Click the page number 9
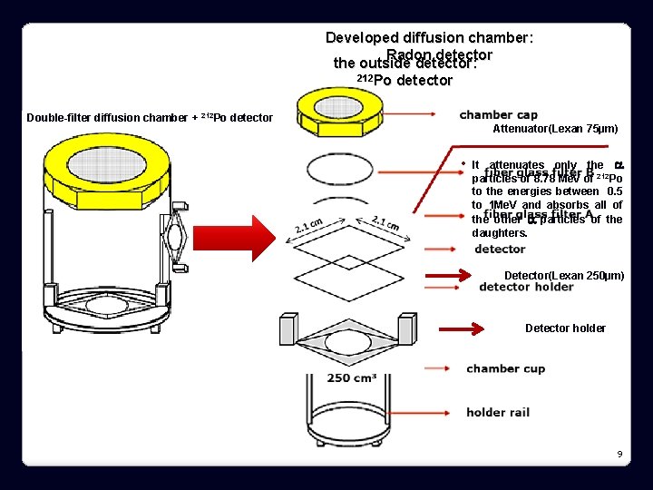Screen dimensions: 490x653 click(x=619, y=453)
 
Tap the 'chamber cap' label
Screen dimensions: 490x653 click(x=498, y=114)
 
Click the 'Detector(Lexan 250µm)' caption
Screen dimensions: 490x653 click(x=563, y=275)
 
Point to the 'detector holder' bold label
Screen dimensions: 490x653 click(x=526, y=288)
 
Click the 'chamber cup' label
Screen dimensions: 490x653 click(x=505, y=368)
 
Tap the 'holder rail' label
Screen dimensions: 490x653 click(x=498, y=412)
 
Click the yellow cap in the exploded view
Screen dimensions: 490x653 click(x=346, y=111)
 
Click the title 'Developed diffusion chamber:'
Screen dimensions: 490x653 click(x=429, y=38)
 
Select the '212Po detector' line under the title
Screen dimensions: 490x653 click(x=405, y=81)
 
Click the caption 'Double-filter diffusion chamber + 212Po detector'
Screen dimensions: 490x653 click(x=150, y=118)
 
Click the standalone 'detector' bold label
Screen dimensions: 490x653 click(x=500, y=249)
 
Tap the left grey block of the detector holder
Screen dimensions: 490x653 click(x=288, y=327)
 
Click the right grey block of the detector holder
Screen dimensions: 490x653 click(x=407, y=325)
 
